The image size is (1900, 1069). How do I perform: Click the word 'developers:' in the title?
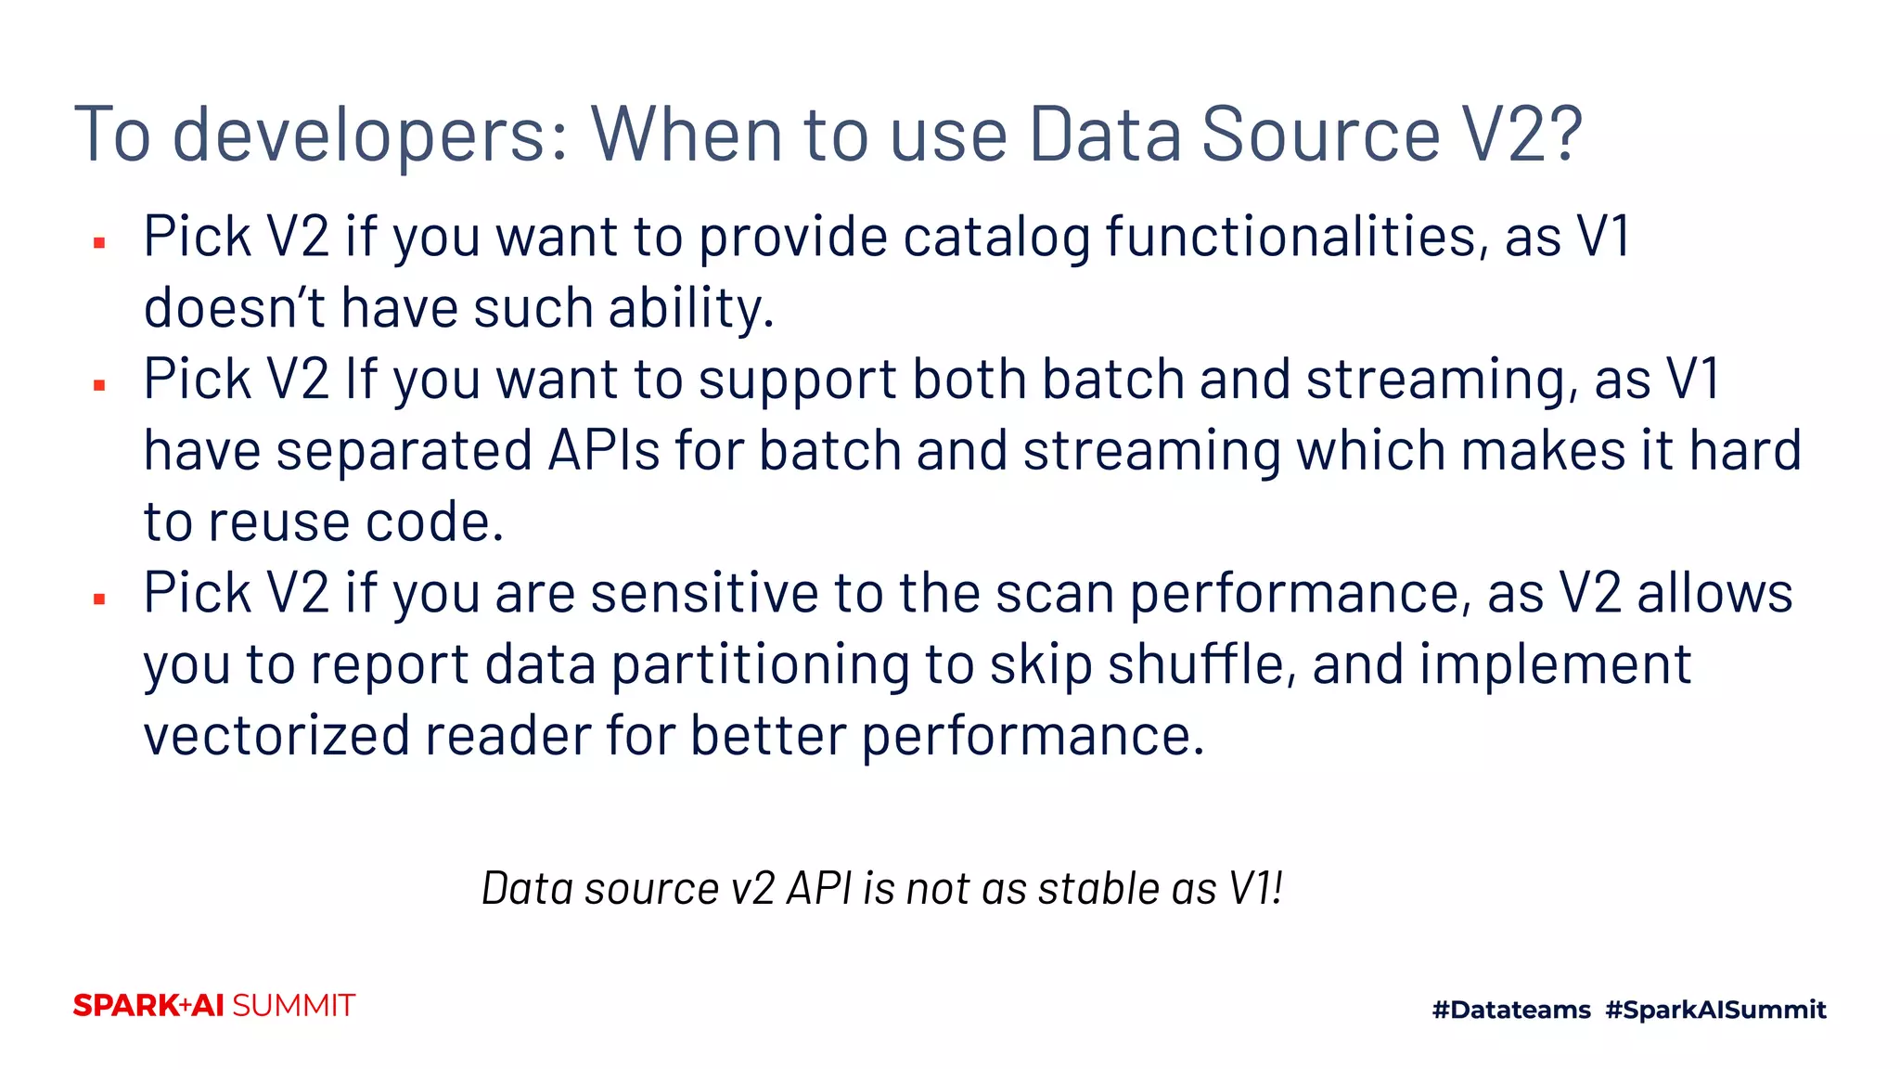tap(370, 135)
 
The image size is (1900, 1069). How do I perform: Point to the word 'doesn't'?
tap(234, 308)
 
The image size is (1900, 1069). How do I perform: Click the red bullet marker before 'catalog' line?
tap(99, 243)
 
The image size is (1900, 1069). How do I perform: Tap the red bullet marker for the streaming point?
tap(99, 385)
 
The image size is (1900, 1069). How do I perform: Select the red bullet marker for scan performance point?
tap(99, 599)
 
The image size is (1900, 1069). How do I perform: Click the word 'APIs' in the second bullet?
tap(604, 451)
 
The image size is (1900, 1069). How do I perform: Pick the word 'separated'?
tap(404, 451)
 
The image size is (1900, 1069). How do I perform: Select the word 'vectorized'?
tap(276, 736)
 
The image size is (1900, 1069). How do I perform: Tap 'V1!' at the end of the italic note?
tap(1256, 889)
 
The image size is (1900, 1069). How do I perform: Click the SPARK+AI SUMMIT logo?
tap(214, 1006)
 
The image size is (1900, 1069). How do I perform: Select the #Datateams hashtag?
tap(1511, 1010)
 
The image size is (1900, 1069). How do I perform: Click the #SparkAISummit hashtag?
tap(1715, 1010)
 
